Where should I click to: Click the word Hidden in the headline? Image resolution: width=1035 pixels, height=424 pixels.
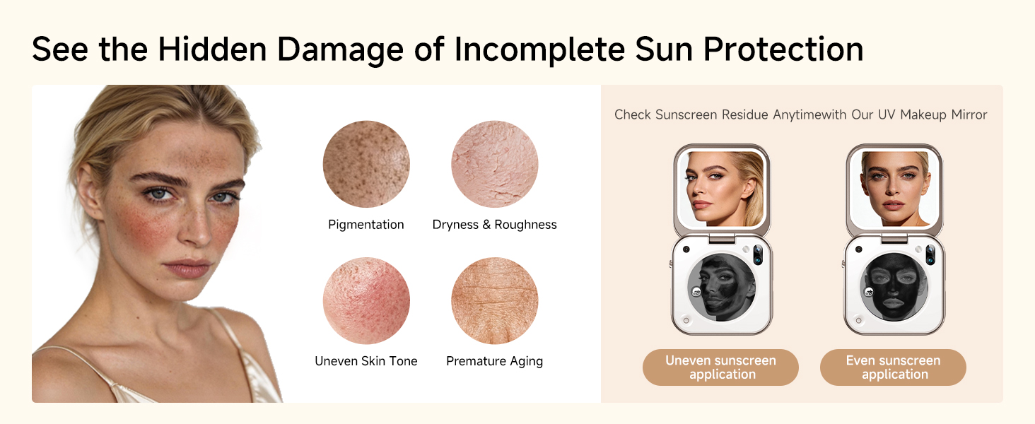[x=212, y=49]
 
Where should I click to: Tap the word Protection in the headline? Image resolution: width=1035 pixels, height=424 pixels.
[x=783, y=49]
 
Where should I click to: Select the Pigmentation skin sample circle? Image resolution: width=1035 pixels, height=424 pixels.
[x=366, y=164]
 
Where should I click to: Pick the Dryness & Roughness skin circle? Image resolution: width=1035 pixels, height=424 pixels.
[x=494, y=164]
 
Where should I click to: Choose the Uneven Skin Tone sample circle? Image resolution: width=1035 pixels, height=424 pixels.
[x=366, y=300]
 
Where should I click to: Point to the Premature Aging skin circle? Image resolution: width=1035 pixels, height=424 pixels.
[x=494, y=300]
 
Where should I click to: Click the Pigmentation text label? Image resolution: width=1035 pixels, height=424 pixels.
[x=366, y=225]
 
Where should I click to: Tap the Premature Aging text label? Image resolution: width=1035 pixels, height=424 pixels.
[x=494, y=361]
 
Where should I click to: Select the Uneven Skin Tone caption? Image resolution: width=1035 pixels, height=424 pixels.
[x=366, y=361]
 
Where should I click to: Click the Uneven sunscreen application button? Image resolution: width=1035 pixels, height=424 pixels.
[x=721, y=367]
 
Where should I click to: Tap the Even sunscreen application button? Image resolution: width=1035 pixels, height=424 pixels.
[x=893, y=367]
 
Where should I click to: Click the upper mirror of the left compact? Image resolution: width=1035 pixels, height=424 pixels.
[x=723, y=189]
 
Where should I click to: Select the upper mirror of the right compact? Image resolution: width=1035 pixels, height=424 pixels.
[x=894, y=189]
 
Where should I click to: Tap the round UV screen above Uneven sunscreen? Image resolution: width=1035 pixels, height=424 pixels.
[x=722, y=287]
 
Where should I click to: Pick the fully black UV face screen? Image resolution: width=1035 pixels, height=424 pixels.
[x=894, y=287]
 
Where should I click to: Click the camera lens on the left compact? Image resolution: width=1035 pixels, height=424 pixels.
[x=759, y=255]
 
